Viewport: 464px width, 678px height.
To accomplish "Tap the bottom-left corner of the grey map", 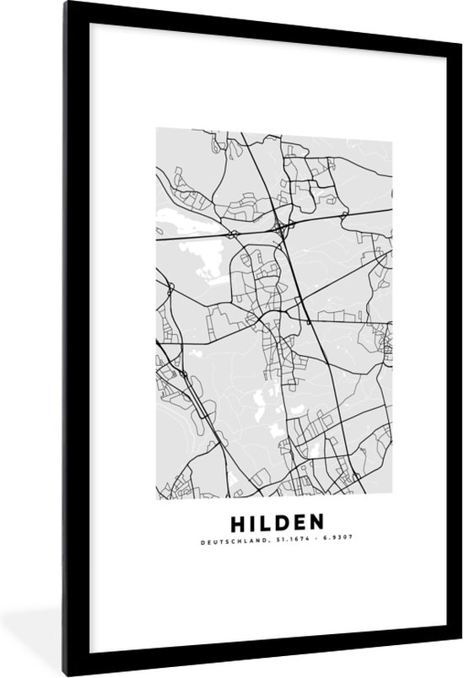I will [156, 498].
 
